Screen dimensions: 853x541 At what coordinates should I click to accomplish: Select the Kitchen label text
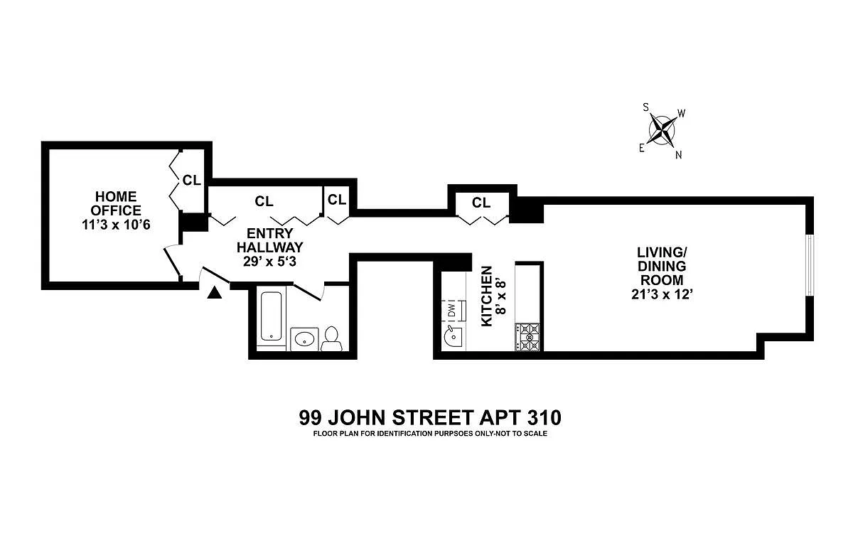click(487, 296)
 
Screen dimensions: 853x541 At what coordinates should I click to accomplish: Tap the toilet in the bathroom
click(331, 339)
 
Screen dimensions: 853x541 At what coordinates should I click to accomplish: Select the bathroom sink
click(305, 338)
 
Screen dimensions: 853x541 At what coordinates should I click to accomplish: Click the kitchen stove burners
click(528, 337)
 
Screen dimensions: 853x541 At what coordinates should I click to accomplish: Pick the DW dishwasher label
click(451, 311)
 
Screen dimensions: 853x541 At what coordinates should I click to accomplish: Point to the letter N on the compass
click(679, 155)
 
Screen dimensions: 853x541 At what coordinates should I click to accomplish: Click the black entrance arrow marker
click(215, 291)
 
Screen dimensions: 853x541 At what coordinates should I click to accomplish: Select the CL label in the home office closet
click(192, 180)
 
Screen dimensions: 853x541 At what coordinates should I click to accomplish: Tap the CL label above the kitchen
click(481, 203)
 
